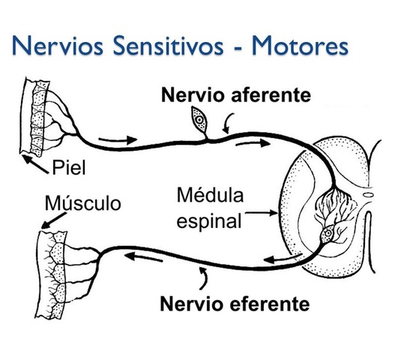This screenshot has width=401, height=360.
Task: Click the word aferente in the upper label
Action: (x=263, y=97)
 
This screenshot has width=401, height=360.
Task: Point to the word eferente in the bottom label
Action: (x=264, y=304)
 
